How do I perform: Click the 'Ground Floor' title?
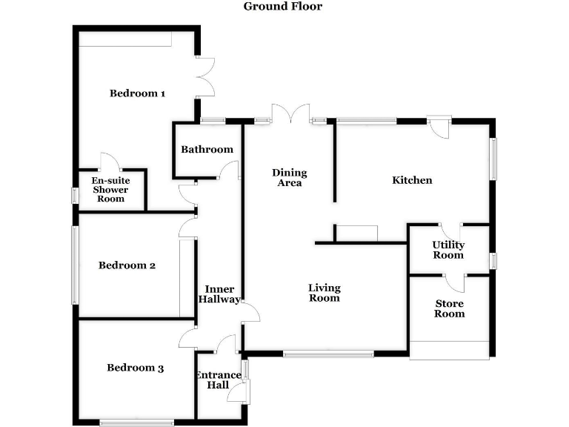click(x=283, y=7)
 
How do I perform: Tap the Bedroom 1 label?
click(x=137, y=93)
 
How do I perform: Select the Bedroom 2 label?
click(x=127, y=265)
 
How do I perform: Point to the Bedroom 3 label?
click(x=135, y=368)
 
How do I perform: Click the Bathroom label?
click(x=207, y=149)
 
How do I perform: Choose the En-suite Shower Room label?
click(x=109, y=190)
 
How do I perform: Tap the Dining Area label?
click(x=289, y=178)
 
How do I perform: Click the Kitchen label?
click(x=412, y=180)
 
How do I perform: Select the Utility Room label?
click(x=449, y=250)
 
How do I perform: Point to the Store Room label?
click(x=449, y=308)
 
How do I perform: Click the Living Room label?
click(x=324, y=293)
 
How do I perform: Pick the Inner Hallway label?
click(x=220, y=294)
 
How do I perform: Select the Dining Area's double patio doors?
click(x=290, y=114)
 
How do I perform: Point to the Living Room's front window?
click(x=328, y=354)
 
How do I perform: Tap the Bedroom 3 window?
click(x=137, y=423)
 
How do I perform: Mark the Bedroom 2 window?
click(x=74, y=265)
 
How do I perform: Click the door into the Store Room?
click(x=455, y=282)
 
